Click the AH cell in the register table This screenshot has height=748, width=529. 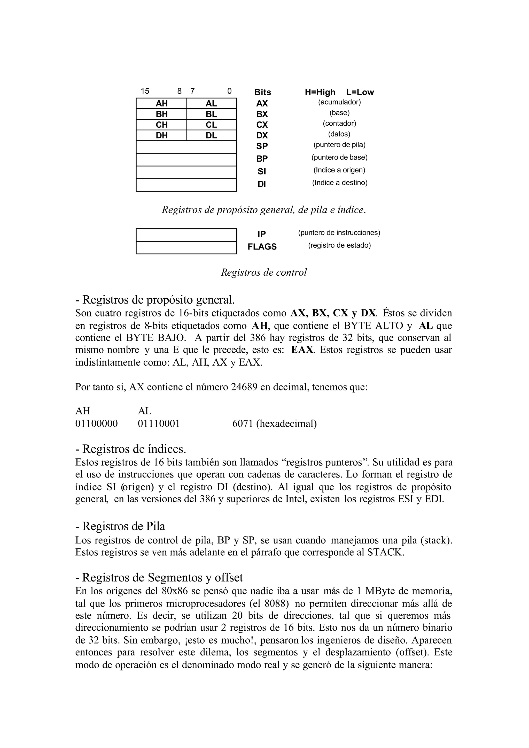[x=161, y=103]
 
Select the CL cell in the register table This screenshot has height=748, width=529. [x=211, y=125]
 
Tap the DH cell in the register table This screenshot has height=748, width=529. [x=161, y=135]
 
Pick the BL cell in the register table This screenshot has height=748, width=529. [x=211, y=114]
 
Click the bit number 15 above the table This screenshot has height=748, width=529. [x=145, y=91]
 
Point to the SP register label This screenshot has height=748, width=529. [x=262, y=146]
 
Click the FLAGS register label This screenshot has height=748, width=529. [x=262, y=247]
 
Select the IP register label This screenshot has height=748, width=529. [x=262, y=234]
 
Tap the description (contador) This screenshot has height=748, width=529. [x=339, y=123]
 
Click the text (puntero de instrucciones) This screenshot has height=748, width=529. [x=339, y=232]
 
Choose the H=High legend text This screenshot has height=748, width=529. [x=320, y=92]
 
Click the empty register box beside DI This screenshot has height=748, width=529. [x=186, y=185]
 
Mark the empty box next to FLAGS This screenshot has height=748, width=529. [x=186, y=247]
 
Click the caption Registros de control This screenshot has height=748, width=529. [x=264, y=272]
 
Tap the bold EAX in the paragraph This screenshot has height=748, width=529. [x=302, y=350]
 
